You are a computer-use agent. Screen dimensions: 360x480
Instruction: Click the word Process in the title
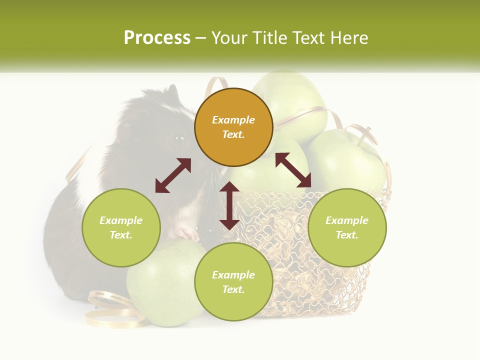coord(157,38)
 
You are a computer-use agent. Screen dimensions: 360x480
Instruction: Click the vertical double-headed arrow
coord(229,205)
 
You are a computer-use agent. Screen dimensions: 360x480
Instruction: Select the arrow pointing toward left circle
coord(173,175)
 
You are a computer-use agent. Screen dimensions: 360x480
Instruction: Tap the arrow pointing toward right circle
coord(293,170)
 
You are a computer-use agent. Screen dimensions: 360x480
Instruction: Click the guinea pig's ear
coord(172,92)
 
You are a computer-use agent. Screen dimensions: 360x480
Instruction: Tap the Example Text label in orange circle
coord(233,127)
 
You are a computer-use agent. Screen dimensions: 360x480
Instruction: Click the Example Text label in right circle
coord(347,227)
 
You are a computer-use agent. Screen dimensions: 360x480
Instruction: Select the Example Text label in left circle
coord(121,227)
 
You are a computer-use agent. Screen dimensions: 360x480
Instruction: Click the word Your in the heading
coord(229,38)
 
